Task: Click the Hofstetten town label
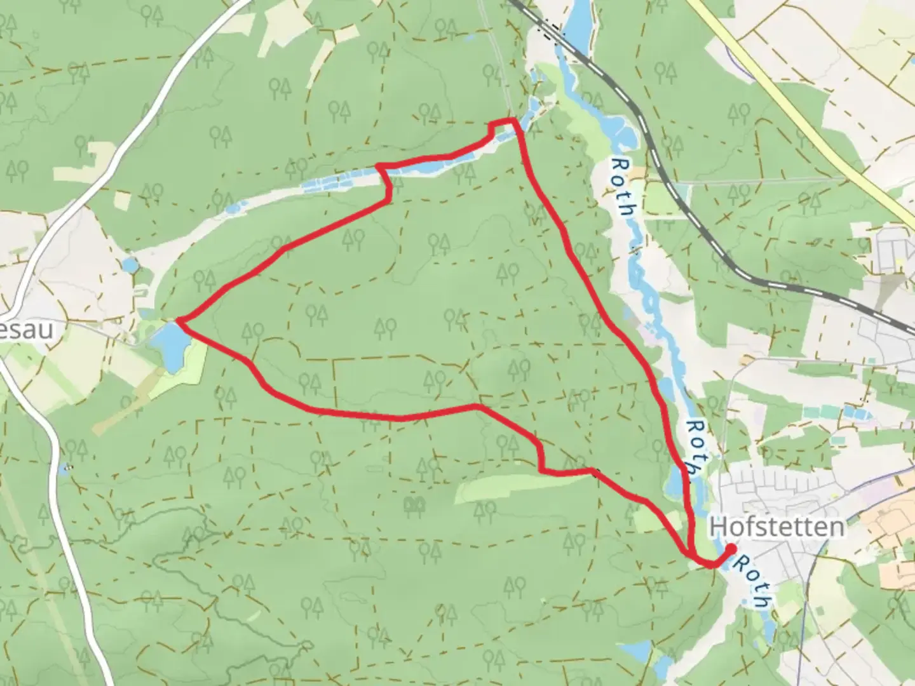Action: tap(776, 527)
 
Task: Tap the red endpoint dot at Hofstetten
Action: tap(731, 549)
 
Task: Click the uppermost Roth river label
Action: tap(621, 187)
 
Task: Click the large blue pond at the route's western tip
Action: tap(170, 346)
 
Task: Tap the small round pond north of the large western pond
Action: tap(131, 264)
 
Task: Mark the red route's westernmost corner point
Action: tap(180, 321)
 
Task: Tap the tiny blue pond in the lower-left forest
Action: tap(64, 470)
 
